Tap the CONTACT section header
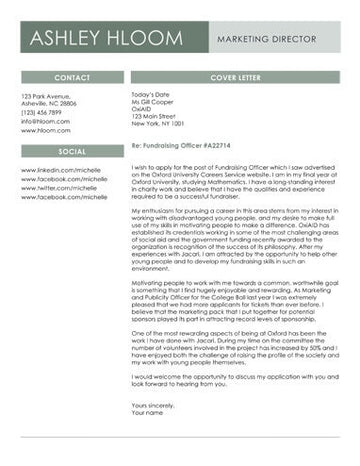pyautogui.click(x=72, y=77)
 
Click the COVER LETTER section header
pyautogui.click(x=235, y=77)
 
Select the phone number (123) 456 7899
pyautogui.click(x=47, y=112)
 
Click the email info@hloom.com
pyautogui.click(x=45, y=121)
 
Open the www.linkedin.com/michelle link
pyautogui.click(x=64, y=170)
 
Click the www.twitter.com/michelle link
pyautogui.click(x=61, y=188)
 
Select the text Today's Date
pyautogui.click(x=151, y=95)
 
